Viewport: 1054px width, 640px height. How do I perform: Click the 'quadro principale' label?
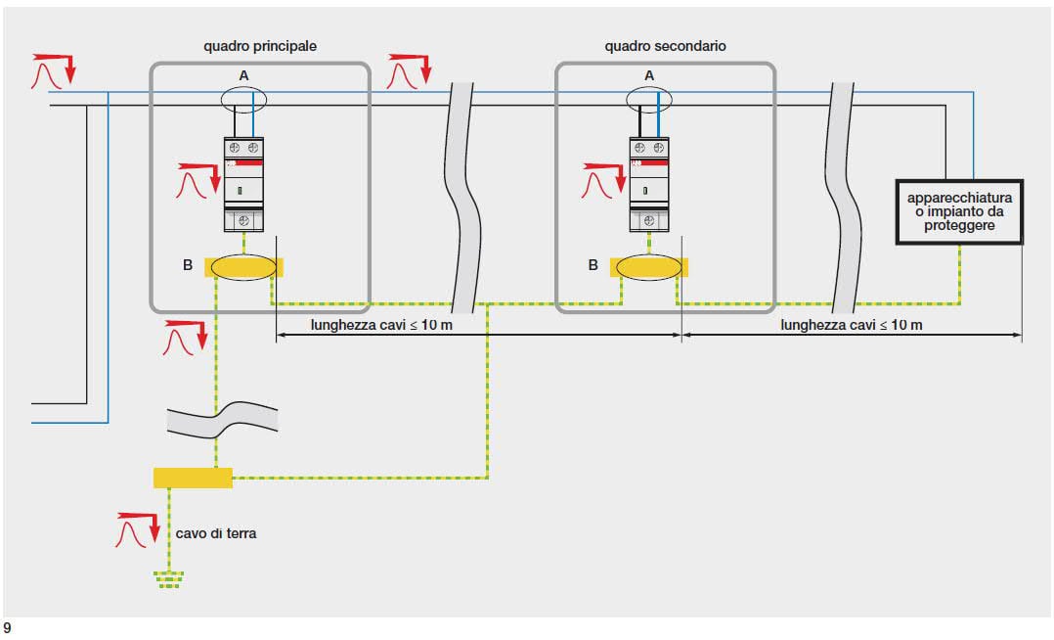(x=260, y=46)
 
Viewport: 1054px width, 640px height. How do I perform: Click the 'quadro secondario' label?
(x=665, y=46)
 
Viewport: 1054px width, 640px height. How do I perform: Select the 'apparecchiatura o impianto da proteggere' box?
(x=959, y=211)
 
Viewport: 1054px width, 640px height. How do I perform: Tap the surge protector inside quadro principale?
(x=243, y=184)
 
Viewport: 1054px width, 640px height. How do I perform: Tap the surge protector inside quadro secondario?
(x=649, y=184)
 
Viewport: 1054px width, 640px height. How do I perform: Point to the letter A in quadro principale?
(x=243, y=74)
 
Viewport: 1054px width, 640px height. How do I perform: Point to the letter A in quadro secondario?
(x=649, y=74)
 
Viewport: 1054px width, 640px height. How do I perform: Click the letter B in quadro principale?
(x=187, y=264)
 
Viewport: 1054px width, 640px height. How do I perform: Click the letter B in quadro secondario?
(x=593, y=264)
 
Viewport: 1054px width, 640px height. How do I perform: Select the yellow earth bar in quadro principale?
(x=243, y=267)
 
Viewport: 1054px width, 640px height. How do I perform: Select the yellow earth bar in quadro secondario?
(x=649, y=267)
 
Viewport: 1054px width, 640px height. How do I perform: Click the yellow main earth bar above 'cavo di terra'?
(x=193, y=478)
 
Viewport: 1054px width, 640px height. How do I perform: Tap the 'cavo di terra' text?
(x=217, y=533)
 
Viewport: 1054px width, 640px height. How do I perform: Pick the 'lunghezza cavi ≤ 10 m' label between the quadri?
(x=382, y=325)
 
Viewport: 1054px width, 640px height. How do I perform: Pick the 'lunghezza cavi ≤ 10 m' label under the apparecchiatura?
(x=852, y=325)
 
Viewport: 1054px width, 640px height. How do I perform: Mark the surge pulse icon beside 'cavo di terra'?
(x=136, y=530)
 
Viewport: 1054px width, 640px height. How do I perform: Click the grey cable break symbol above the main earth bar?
(x=223, y=418)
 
